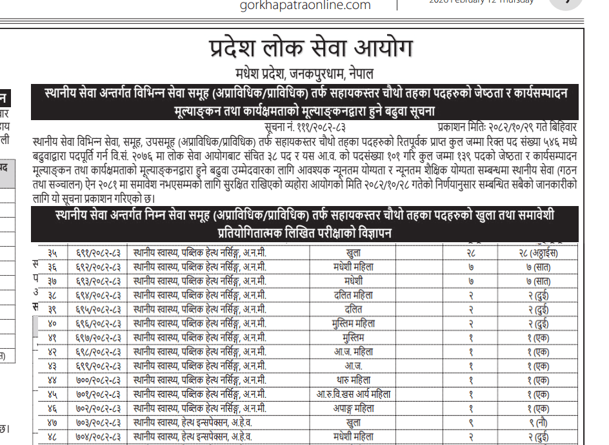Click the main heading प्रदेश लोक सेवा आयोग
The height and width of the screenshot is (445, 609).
click(310, 49)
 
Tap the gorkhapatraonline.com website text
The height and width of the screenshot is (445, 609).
click(305, 6)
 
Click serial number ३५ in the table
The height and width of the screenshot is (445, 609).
click(52, 253)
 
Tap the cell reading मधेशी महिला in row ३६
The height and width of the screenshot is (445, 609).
click(354, 267)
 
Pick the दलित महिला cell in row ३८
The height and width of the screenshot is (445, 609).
click(354, 295)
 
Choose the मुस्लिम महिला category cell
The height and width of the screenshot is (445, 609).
click(354, 323)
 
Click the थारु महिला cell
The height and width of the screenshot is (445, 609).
click(354, 380)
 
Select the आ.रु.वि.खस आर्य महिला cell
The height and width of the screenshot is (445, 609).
click(354, 394)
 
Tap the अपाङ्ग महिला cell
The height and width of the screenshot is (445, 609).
click(354, 408)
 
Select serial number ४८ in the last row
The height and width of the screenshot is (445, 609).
click(52, 437)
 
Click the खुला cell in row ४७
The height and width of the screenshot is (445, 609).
click(354, 422)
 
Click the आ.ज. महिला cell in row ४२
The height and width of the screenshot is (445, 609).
click(354, 352)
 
